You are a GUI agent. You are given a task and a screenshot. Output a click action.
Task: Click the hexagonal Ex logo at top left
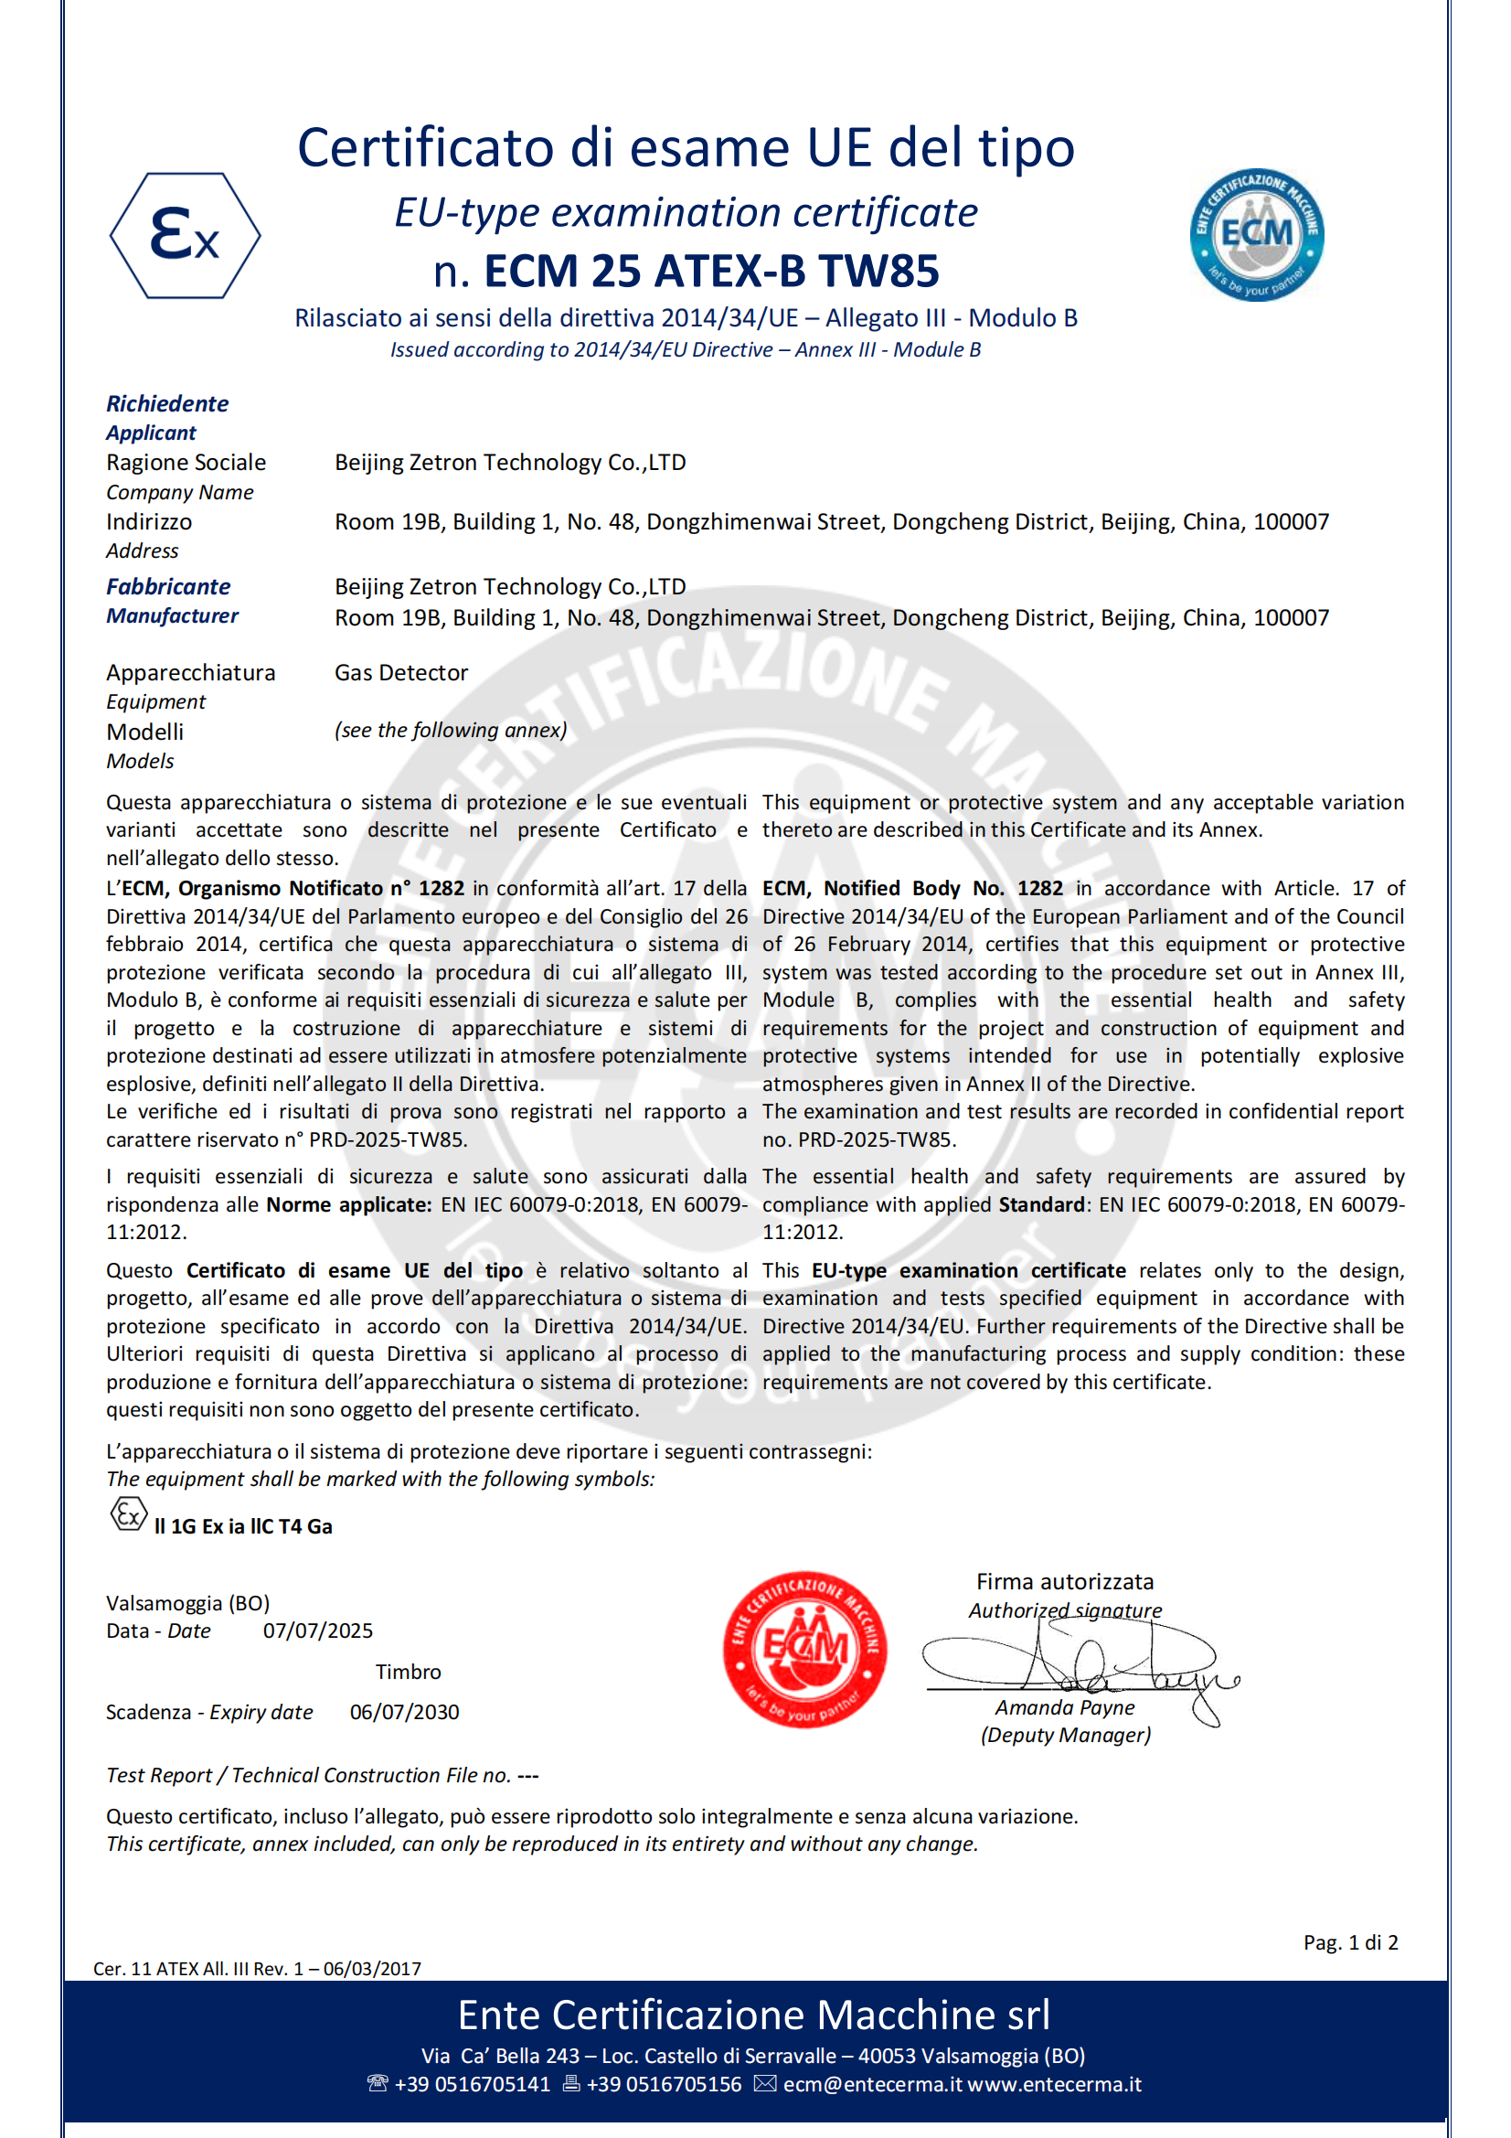(186, 236)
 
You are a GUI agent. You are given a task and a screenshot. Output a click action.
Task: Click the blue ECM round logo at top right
(1256, 235)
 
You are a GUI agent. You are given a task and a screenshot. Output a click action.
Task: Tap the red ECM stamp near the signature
(804, 1649)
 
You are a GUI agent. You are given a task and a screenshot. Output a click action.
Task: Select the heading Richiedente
(167, 403)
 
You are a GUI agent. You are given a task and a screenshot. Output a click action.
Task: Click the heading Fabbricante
(168, 587)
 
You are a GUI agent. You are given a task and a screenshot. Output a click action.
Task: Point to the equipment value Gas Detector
(401, 672)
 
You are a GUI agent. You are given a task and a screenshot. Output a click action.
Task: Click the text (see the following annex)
(451, 730)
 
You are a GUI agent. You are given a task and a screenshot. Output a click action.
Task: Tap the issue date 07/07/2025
(317, 1630)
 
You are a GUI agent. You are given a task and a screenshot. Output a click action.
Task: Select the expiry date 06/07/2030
(404, 1712)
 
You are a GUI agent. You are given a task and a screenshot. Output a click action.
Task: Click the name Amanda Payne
(1064, 1707)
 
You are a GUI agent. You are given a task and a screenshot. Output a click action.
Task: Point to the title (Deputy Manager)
(1065, 1735)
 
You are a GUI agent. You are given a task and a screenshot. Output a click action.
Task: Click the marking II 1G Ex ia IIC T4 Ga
(243, 1526)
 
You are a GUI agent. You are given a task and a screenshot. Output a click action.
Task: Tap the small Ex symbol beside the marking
(129, 1514)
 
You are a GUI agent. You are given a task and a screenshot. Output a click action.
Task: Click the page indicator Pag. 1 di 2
(1350, 1942)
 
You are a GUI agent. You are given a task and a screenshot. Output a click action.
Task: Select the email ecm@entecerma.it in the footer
(871, 2084)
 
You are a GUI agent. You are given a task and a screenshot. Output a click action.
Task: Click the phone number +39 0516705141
(472, 2084)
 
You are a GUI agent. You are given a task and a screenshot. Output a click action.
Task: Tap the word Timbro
(408, 1672)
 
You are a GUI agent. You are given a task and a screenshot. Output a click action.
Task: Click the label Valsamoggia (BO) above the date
(188, 1602)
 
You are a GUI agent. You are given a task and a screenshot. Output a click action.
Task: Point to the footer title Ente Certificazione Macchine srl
(754, 2015)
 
